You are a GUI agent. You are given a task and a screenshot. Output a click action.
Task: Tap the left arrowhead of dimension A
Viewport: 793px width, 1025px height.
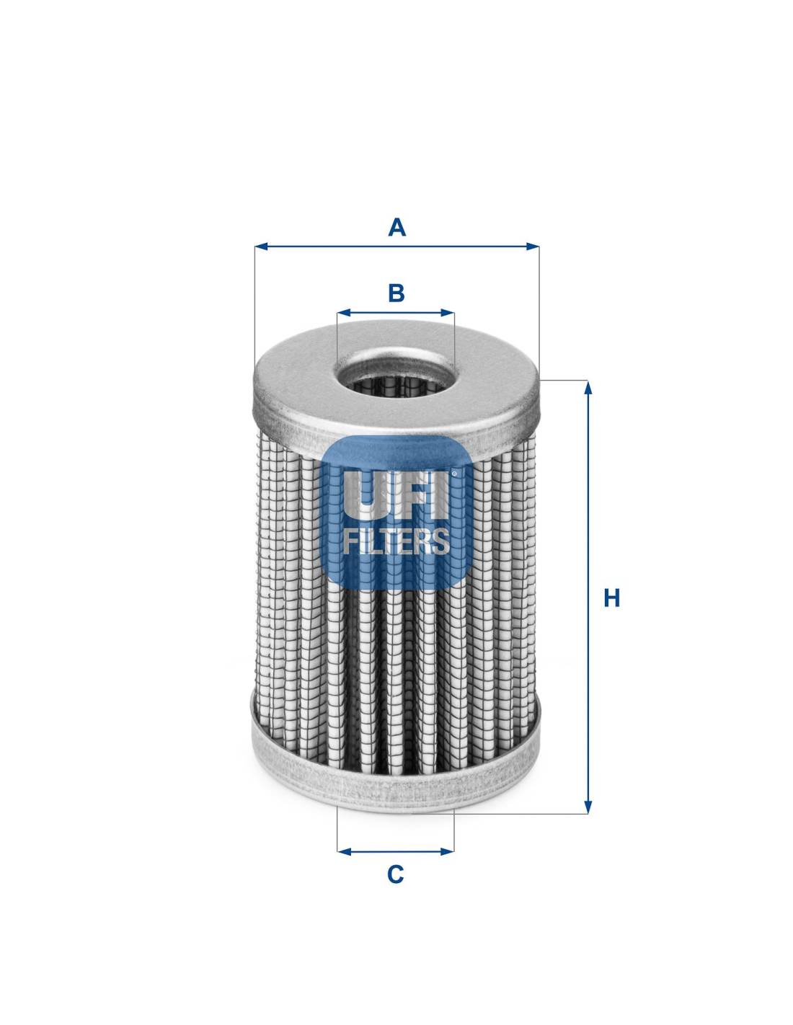(261, 247)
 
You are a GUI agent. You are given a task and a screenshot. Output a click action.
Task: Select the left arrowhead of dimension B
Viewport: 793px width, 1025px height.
(344, 312)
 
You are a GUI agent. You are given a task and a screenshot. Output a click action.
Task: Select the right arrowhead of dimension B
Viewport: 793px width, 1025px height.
(448, 312)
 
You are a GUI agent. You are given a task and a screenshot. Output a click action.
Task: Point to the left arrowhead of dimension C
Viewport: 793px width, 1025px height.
(344, 851)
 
